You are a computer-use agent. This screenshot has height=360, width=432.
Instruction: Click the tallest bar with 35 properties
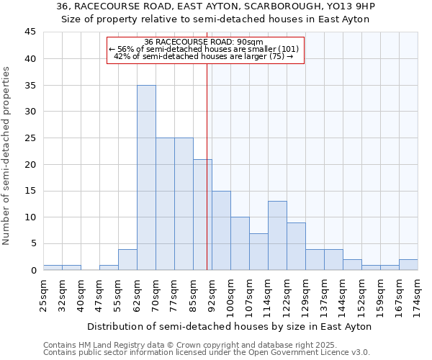[146, 177]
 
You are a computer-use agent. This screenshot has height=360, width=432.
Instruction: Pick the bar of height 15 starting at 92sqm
[221, 230]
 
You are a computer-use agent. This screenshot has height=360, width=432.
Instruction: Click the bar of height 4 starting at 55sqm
[127, 259]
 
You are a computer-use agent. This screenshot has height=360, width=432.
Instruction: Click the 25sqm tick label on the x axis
[43, 294]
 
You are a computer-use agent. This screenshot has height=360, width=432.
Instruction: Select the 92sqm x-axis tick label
[212, 294]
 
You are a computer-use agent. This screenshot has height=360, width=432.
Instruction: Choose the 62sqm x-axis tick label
[137, 294]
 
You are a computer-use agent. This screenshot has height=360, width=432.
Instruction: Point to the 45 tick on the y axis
[30, 32]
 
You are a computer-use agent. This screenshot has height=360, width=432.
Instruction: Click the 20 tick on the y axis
[30, 164]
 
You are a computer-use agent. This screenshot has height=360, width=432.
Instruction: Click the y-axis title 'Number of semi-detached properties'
[7, 156]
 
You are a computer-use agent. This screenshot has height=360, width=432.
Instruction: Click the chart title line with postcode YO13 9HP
[215, 7]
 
